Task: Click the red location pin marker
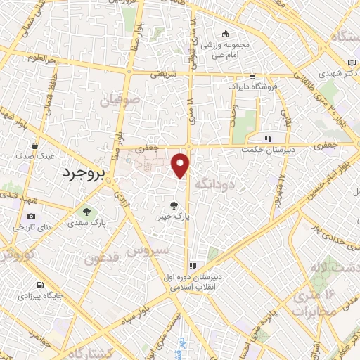tap(181, 165)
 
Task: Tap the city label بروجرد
tap(83, 173)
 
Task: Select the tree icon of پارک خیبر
tap(174, 205)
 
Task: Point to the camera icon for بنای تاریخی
tap(31, 216)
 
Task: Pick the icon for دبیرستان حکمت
tap(267, 138)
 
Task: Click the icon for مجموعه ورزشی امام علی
tap(225, 33)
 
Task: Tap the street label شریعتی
tap(162, 73)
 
